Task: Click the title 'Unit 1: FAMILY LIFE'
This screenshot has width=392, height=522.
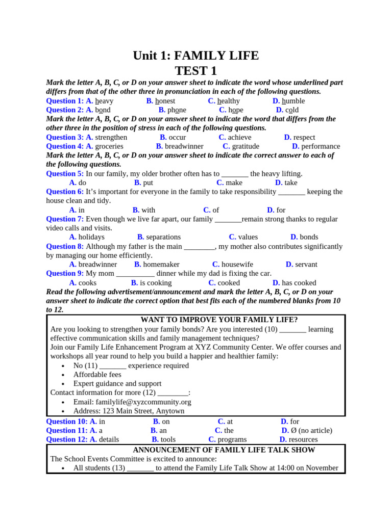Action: (x=195, y=56)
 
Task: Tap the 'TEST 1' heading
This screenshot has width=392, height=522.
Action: (x=195, y=71)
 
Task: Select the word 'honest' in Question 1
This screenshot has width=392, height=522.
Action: (x=165, y=101)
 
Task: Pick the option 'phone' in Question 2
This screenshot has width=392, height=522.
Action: (x=177, y=110)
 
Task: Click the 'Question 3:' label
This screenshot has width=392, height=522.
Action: (x=65, y=138)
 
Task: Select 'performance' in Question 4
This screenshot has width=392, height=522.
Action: (x=321, y=147)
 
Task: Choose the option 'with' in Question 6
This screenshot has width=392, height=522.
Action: (x=148, y=210)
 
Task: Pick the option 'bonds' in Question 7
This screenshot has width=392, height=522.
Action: (x=308, y=237)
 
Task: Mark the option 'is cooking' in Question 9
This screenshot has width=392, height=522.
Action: (x=156, y=283)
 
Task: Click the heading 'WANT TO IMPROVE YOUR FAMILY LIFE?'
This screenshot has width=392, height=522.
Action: (x=219, y=320)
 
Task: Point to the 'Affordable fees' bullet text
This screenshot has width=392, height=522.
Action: (x=97, y=375)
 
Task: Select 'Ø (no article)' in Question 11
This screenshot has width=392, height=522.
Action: (x=310, y=431)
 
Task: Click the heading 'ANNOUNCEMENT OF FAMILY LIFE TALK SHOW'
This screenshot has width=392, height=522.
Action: (x=224, y=450)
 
